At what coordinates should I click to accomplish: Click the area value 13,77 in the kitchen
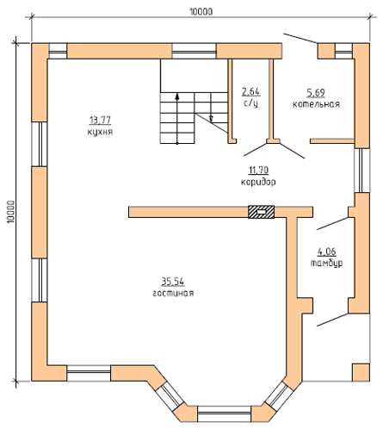point(100,121)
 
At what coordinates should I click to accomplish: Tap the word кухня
point(100,132)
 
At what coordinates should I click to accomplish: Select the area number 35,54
point(173,282)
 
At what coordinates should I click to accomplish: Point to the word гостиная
point(173,293)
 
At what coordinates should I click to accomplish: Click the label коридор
point(258,182)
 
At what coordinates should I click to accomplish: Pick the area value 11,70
point(258,171)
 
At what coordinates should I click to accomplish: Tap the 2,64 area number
point(251,91)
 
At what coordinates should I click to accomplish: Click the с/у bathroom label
point(250,103)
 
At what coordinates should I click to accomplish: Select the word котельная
point(316,104)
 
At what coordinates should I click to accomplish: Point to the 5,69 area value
point(316,93)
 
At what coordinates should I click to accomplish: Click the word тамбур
point(326,263)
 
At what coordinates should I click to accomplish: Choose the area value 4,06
point(326,252)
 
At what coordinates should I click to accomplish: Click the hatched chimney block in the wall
point(261,212)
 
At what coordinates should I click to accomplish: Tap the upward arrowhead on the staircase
point(177,96)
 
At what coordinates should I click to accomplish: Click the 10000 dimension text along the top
point(201,12)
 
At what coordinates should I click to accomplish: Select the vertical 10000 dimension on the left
point(10,212)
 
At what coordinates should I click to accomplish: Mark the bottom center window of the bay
point(224,413)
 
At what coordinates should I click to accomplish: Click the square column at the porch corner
point(361,372)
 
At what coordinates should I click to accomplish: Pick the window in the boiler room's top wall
point(343,51)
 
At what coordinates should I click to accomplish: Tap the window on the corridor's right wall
point(361,171)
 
